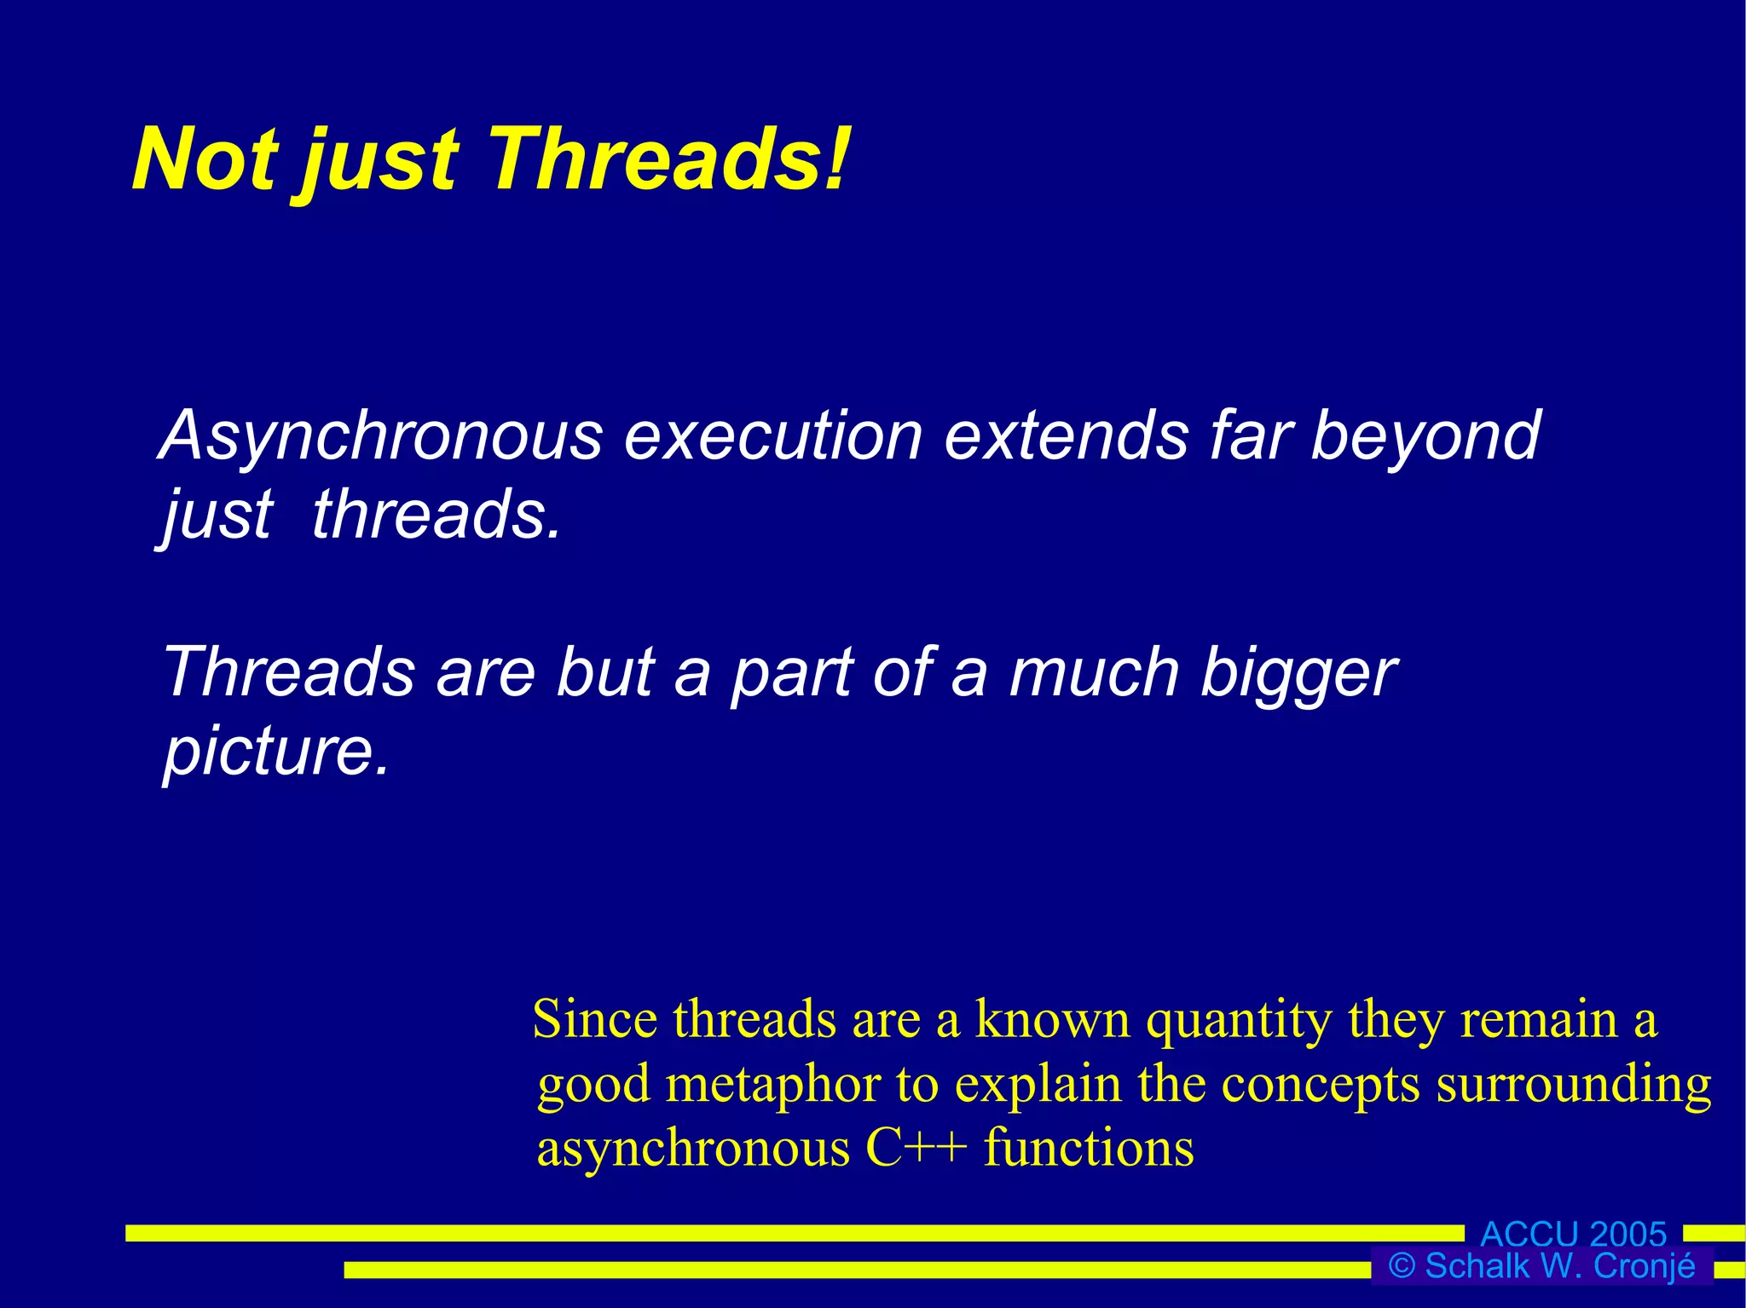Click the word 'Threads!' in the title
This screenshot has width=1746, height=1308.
click(x=669, y=160)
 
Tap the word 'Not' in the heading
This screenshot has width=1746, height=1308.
click(x=205, y=160)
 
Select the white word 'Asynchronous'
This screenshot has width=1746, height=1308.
click(x=382, y=436)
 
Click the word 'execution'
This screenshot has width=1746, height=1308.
click(x=773, y=436)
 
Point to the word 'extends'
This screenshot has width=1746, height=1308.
click(x=1067, y=436)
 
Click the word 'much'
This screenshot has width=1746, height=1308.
click(x=1094, y=673)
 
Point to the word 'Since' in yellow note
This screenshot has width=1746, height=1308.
click(x=594, y=1019)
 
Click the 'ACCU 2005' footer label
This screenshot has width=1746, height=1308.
click(x=1574, y=1234)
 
